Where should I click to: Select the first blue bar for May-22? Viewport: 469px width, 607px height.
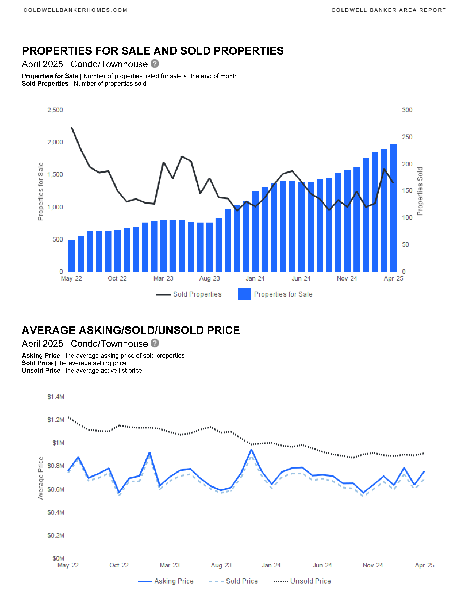tap(71, 256)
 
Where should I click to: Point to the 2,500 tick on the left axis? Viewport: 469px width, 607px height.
tap(55, 110)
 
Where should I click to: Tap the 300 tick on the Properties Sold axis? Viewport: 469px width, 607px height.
tap(407, 110)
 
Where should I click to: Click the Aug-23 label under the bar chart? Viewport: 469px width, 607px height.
tap(209, 278)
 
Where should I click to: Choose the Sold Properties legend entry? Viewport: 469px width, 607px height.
tap(189, 294)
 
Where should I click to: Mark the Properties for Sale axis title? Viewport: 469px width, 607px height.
tap(41, 191)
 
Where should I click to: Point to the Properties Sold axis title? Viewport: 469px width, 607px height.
tap(420, 191)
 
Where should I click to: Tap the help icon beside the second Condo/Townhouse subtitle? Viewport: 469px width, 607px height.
tap(155, 343)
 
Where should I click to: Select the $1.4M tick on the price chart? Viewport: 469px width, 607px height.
tap(56, 397)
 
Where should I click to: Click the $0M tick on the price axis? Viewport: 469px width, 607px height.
tap(58, 558)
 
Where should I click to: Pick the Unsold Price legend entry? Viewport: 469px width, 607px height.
tap(302, 581)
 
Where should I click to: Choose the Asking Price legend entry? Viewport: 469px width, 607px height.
tap(166, 581)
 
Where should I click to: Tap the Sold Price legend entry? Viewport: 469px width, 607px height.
tap(233, 581)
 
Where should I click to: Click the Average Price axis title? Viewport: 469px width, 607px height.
tap(41, 478)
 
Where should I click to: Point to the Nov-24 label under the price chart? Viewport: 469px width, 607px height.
tap(373, 565)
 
